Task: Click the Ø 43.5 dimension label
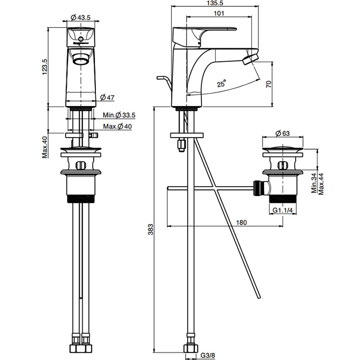(x=81, y=17)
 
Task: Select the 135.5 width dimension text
(x=215, y=3)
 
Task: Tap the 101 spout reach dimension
(x=219, y=13)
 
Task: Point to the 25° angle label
(x=222, y=83)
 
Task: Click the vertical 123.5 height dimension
(x=45, y=66)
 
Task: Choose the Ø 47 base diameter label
(x=107, y=98)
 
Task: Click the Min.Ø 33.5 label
(x=119, y=115)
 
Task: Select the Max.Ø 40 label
(x=118, y=127)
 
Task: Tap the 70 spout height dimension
(x=269, y=84)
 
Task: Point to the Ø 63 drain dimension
(x=282, y=133)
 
